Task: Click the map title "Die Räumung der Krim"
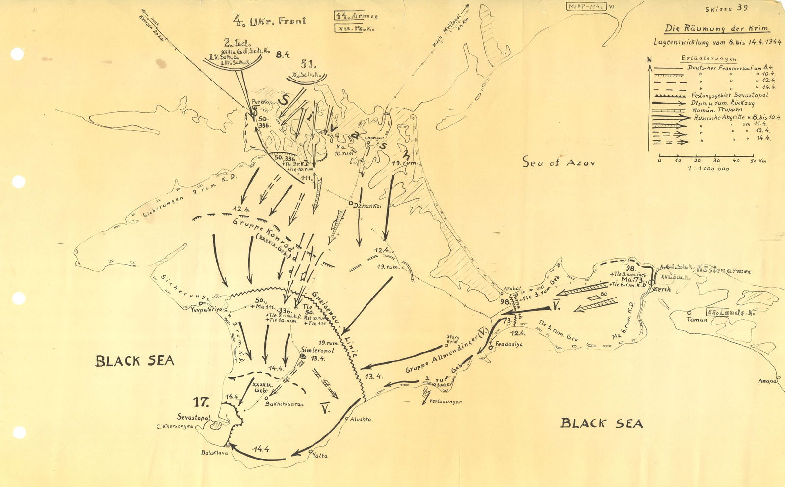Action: pyautogui.click(x=717, y=29)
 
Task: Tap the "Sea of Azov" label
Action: pyautogui.click(x=558, y=162)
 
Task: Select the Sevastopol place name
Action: pyautogui.click(x=194, y=417)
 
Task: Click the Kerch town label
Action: pyautogui.click(x=662, y=289)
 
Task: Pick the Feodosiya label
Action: pyautogui.click(x=509, y=344)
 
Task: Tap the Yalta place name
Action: pyautogui.click(x=320, y=456)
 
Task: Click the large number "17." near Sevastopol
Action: pyautogui.click(x=201, y=402)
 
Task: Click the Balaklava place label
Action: pyautogui.click(x=215, y=453)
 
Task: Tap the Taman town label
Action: pyautogui.click(x=697, y=320)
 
